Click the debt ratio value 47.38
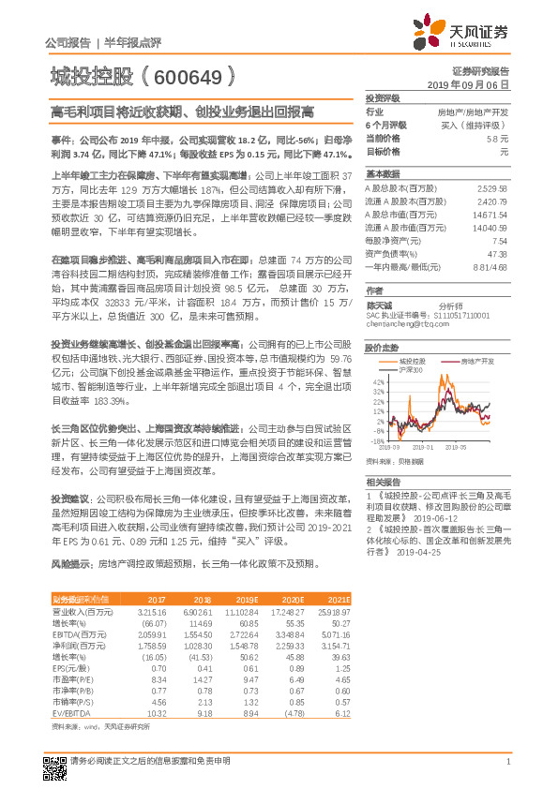pyautogui.click(x=497, y=253)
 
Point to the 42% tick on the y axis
pyautogui.click(x=378, y=382)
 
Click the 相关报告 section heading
pyautogui.click(x=383, y=479)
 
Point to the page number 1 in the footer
pyautogui.click(x=507, y=762)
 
